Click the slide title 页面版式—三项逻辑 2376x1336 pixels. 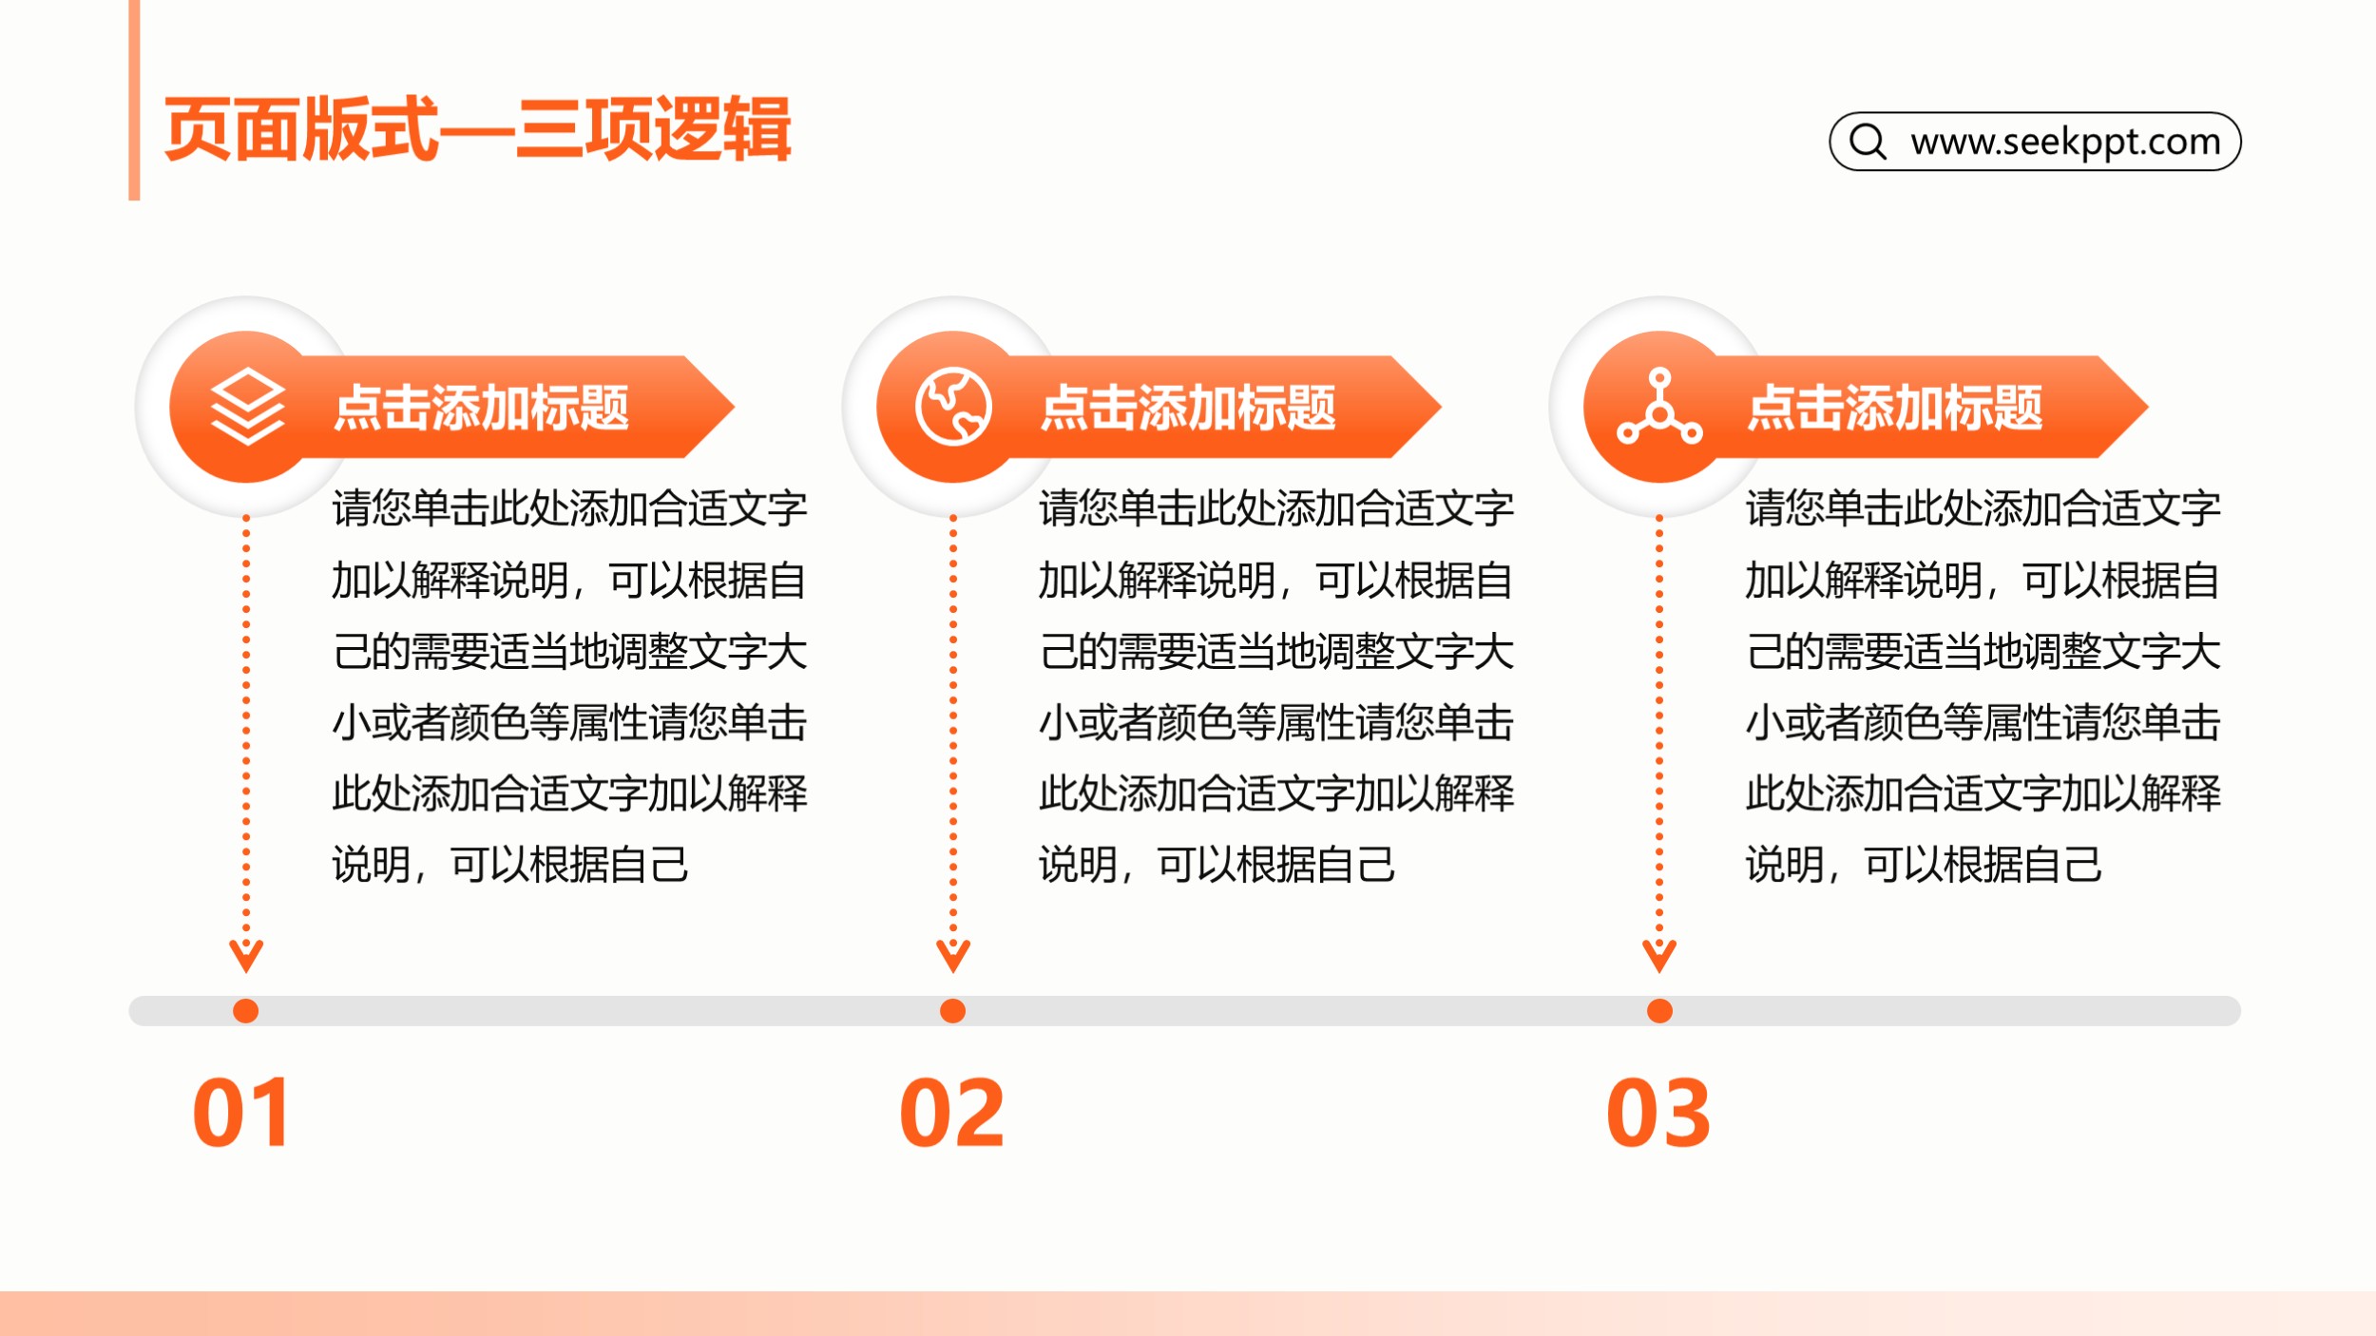tap(477, 129)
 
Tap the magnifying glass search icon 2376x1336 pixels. tap(1868, 142)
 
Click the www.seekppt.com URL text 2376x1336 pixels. tap(2065, 143)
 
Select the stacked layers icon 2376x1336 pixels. tap(247, 407)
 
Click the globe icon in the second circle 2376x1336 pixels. tap(953, 407)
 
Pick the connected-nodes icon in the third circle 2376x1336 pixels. tap(1659, 407)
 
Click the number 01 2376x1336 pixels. tap(241, 1113)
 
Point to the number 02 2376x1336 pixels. tap(951, 1113)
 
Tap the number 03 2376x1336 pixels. tap(1658, 1113)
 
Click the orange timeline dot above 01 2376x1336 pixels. tap(245, 1011)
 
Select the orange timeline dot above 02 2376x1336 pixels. tap(952, 1011)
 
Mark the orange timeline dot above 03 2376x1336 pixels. tap(1659, 1011)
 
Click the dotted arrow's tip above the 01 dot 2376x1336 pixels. tap(246, 971)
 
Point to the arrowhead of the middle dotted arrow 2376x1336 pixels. tap(953, 971)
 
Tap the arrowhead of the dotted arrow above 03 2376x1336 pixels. tap(1659, 971)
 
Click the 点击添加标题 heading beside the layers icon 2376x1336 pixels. tap(481, 408)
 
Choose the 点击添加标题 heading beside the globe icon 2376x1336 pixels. tap(1188, 408)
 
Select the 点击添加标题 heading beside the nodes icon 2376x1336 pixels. tap(1895, 408)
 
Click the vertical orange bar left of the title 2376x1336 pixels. tap(134, 100)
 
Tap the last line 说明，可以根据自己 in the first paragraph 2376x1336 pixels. tap(510, 865)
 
